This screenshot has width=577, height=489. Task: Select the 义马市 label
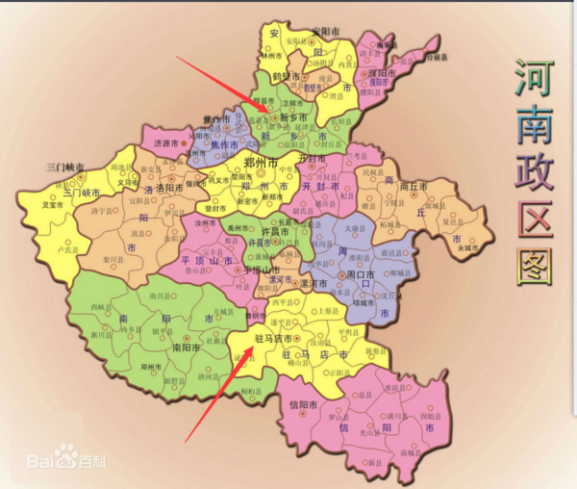pyautogui.click(x=128, y=182)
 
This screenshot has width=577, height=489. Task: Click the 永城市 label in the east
pyautogui.click(x=468, y=247)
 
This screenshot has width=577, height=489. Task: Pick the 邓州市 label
pyautogui.click(x=150, y=367)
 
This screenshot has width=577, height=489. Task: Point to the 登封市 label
pyautogui.click(x=217, y=207)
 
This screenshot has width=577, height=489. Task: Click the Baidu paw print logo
pyautogui.click(x=66, y=452)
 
